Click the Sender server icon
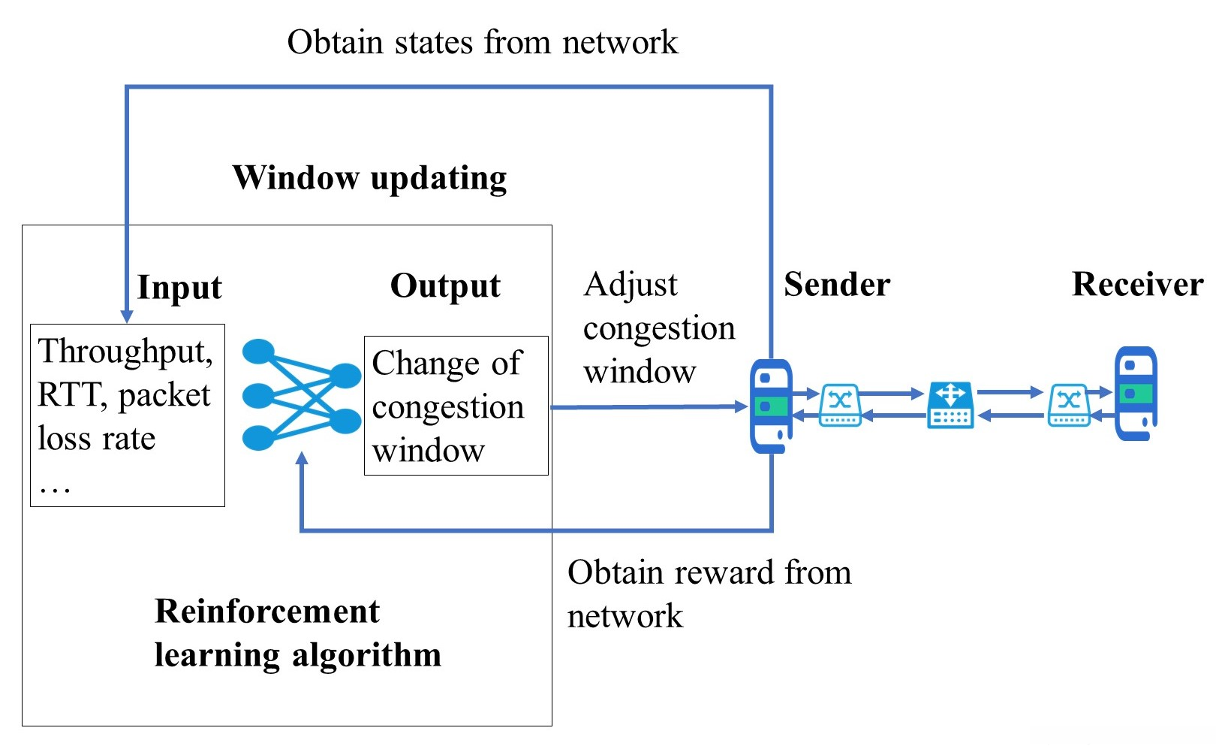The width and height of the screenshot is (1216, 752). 771,406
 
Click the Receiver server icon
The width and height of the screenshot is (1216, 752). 1135,393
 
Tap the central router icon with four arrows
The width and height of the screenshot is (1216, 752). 950,405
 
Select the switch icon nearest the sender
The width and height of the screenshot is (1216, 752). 840,405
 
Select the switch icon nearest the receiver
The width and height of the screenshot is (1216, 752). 1069,405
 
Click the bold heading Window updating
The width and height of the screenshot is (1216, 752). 369,179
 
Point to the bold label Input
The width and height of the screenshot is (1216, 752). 179,288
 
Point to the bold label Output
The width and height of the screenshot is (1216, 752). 445,286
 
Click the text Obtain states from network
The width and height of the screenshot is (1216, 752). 482,43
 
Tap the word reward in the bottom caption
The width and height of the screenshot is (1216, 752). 724,573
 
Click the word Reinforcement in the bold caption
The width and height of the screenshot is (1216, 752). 266,612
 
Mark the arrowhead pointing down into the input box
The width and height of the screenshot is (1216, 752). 127,316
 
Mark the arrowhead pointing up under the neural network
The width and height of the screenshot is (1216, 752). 302,459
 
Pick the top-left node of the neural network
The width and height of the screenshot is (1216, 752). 259,351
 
